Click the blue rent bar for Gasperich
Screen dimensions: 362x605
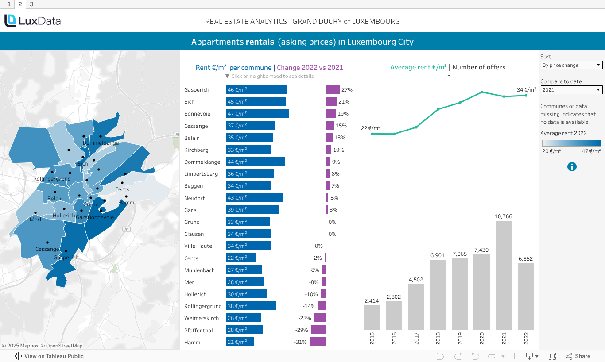(256, 89)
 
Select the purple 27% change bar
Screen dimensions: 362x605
(333, 89)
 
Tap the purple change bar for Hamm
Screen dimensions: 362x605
(318, 342)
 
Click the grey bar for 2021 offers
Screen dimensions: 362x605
(504, 274)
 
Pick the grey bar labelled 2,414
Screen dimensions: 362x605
(372, 317)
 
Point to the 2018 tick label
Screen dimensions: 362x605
(438, 339)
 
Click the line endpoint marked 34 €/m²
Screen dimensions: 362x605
(526, 95)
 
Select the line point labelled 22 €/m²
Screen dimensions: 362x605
(372, 134)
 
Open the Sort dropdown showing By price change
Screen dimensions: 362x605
(571, 65)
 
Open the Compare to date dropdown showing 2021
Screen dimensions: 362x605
(571, 90)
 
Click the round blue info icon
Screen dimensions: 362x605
(572, 166)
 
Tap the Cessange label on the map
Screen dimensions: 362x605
(47, 249)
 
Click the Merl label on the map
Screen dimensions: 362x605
(35, 220)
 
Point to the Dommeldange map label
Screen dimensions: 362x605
(101, 143)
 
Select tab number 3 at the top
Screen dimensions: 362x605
(31, 4)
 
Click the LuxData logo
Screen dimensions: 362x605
(32, 21)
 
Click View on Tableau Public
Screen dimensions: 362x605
(49, 356)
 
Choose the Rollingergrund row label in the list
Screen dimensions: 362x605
(203, 306)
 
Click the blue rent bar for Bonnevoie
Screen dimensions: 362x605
(257, 113)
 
